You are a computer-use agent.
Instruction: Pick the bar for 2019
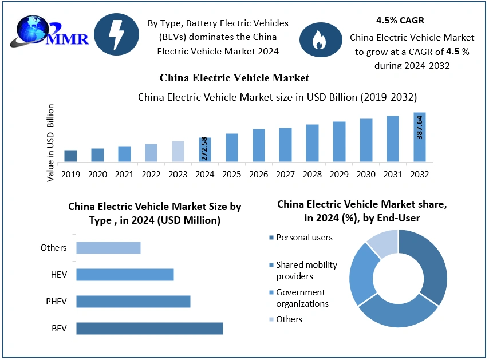[70, 156]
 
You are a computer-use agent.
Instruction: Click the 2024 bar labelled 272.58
[205, 149]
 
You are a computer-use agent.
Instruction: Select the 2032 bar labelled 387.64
[420, 137]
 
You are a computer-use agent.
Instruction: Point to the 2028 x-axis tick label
[312, 173]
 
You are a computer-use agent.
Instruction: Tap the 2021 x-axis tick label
[124, 173]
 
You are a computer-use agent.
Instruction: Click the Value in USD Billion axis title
[51, 143]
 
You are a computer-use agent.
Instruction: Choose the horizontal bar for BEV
[149, 329]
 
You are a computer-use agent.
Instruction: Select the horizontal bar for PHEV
[133, 302]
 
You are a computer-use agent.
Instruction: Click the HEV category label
[59, 275]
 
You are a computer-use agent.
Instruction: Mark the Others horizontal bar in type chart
[108, 248]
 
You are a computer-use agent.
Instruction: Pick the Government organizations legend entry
[302, 298]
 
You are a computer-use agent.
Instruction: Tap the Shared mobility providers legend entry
[306, 270]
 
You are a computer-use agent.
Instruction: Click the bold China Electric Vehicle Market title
[234, 77]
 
